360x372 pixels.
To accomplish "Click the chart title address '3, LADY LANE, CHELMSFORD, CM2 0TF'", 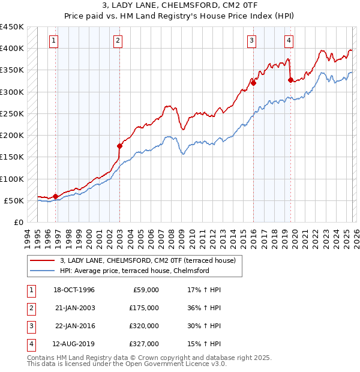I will pos(180,7).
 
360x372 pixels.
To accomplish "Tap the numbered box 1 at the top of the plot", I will pos(54,41).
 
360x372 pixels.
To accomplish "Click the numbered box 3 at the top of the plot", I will pos(251,41).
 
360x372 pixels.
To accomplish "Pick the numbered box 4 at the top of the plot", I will pos(289,41).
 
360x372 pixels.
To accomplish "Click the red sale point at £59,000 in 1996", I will pos(56,196).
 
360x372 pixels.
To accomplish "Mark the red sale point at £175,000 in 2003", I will pos(119,146).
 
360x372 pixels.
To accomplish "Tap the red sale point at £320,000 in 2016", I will pos(253,83).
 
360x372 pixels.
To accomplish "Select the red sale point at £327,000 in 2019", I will pos(290,80).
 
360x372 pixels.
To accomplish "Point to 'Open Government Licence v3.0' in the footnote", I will pos(175,364).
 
